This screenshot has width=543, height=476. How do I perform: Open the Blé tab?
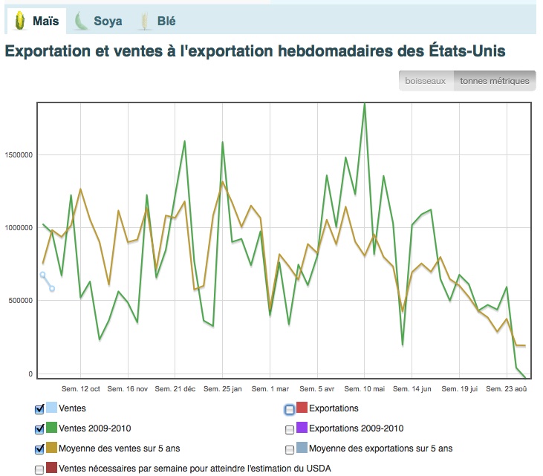pyautogui.click(x=156, y=22)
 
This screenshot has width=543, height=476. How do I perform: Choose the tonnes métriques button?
pyautogui.click(x=495, y=81)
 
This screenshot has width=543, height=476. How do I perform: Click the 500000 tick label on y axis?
pyautogui.click(x=21, y=301)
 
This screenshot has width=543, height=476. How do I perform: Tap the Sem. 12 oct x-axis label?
pyautogui.click(x=79, y=388)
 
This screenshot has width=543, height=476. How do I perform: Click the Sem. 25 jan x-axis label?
pyautogui.click(x=223, y=388)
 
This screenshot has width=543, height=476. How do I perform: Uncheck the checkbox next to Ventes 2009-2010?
pyautogui.click(x=39, y=429)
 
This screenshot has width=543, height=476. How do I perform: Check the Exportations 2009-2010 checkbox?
pyautogui.click(x=290, y=429)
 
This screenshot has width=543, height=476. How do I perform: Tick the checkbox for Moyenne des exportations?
pyautogui.click(x=290, y=449)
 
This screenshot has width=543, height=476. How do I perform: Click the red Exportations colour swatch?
pyautogui.click(x=302, y=408)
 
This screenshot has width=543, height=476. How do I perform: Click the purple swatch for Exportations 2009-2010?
pyautogui.click(x=302, y=428)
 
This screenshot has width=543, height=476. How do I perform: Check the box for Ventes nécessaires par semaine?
pyautogui.click(x=39, y=469)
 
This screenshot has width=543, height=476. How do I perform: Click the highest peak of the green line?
pyautogui.click(x=364, y=104)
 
